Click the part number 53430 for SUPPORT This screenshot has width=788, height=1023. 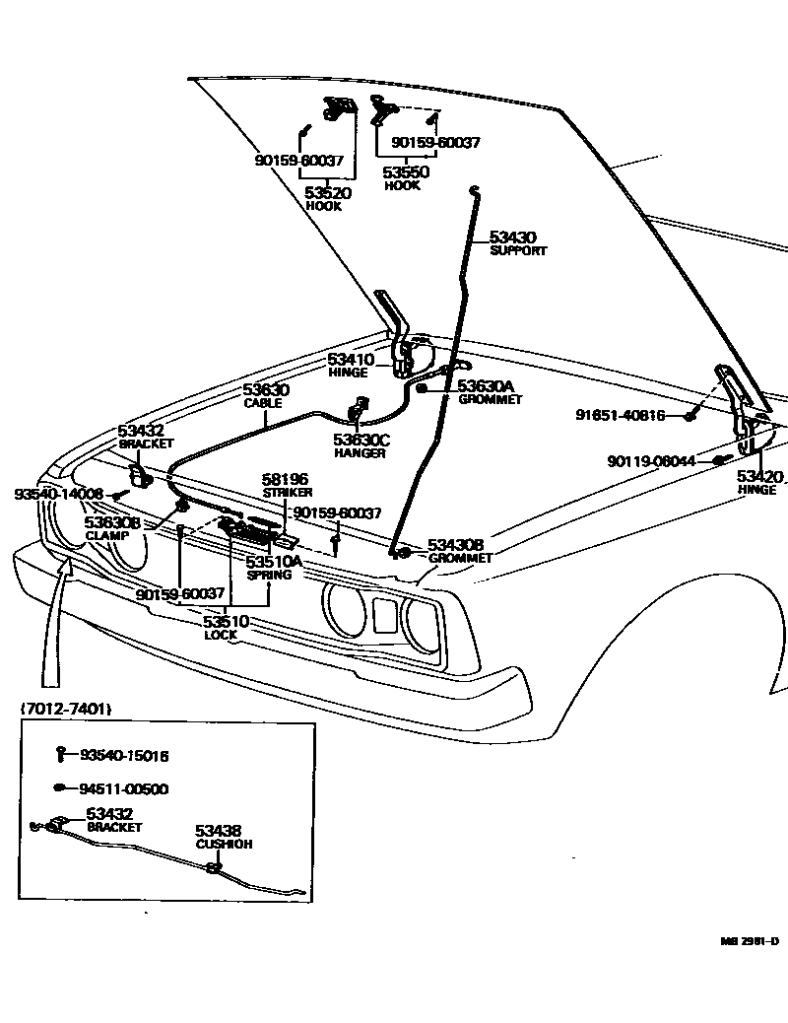click(x=512, y=238)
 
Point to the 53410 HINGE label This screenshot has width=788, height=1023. click(x=351, y=361)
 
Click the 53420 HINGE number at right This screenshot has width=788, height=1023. click(x=759, y=477)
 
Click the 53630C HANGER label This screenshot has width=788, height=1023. click(x=361, y=441)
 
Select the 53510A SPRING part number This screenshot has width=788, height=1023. click(x=274, y=562)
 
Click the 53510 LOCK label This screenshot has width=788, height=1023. click(x=226, y=622)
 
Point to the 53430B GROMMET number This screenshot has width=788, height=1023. click(x=455, y=545)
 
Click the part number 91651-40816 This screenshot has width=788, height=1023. click(x=621, y=415)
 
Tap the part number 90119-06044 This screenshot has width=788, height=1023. click(x=651, y=460)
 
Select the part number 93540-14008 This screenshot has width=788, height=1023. click(x=58, y=493)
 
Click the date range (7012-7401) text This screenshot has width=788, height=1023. click(x=65, y=708)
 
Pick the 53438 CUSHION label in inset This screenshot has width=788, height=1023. click(x=218, y=831)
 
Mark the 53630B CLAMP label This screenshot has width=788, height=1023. click(x=111, y=522)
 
